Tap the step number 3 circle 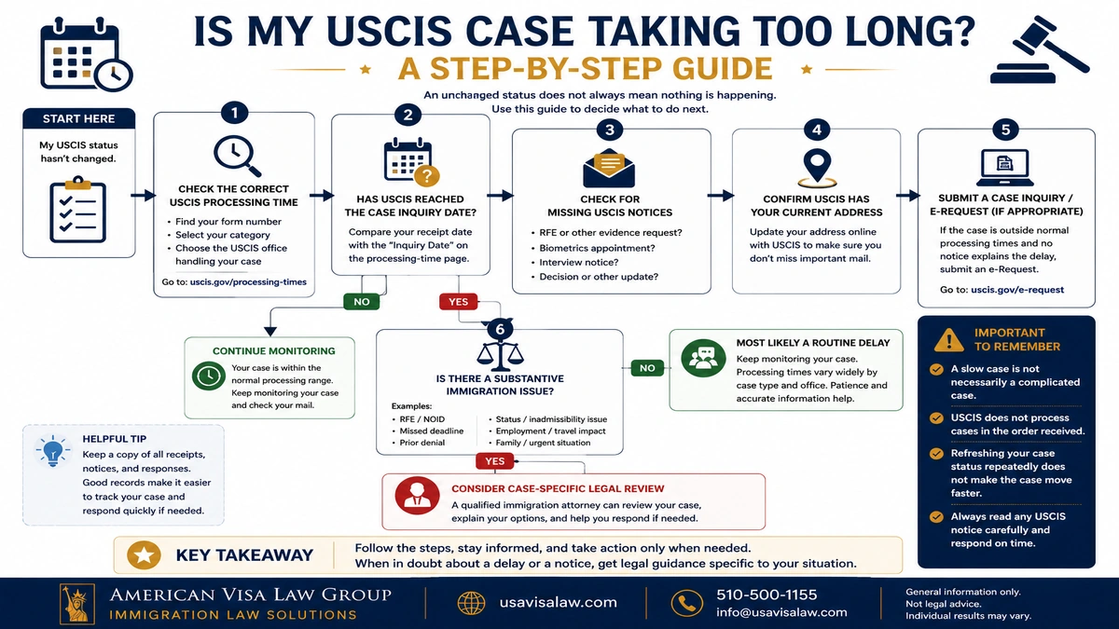tap(610, 130)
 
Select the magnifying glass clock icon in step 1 tap(237, 156)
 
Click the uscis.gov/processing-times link tap(248, 282)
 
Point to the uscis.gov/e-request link tap(1017, 290)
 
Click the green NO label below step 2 tap(362, 302)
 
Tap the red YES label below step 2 tap(458, 302)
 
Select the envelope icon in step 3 tap(609, 168)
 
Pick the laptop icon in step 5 tap(1005, 167)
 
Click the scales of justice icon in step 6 tap(500, 353)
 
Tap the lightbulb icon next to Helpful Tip tap(52, 450)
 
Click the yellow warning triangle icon tap(948, 340)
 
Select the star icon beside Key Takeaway tap(144, 555)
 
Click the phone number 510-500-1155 tap(767, 595)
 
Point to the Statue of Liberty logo tap(77, 604)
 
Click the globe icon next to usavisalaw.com tap(471, 603)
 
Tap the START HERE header tap(79, 119)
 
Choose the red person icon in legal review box tap(417, 496)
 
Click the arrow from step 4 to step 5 tap(908, 195)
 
